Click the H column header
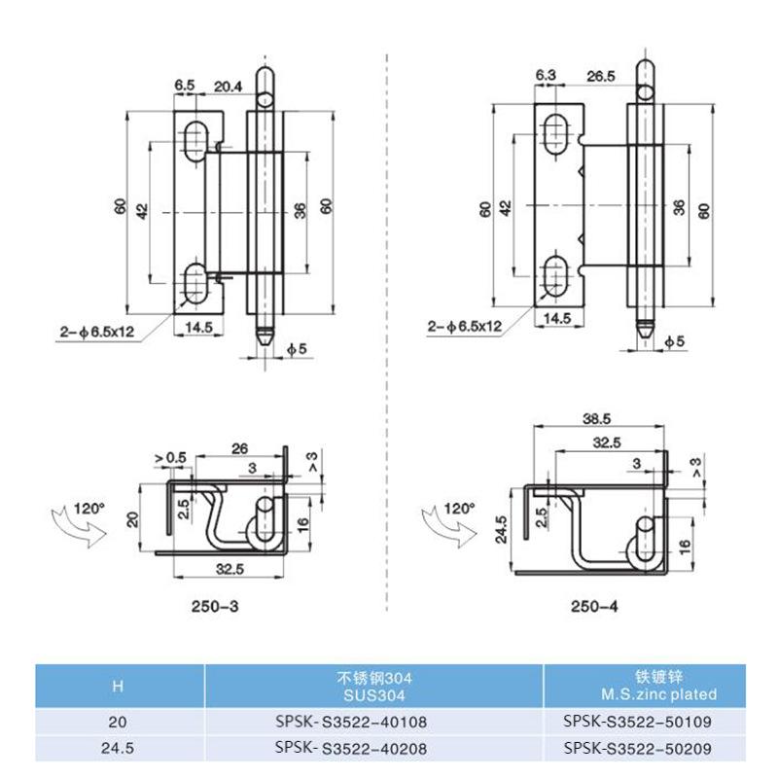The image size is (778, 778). coord(118,687)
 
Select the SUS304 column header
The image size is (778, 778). coord(371,687)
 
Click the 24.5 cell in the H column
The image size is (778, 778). coord(118,749)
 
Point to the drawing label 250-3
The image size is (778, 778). coord(215,606)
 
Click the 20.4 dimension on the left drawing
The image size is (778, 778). coord(229,87)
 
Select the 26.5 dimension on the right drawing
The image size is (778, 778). coord(601,76)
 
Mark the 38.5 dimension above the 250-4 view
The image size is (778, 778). coord(594,419)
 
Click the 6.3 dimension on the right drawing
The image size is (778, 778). coord(546,76)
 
